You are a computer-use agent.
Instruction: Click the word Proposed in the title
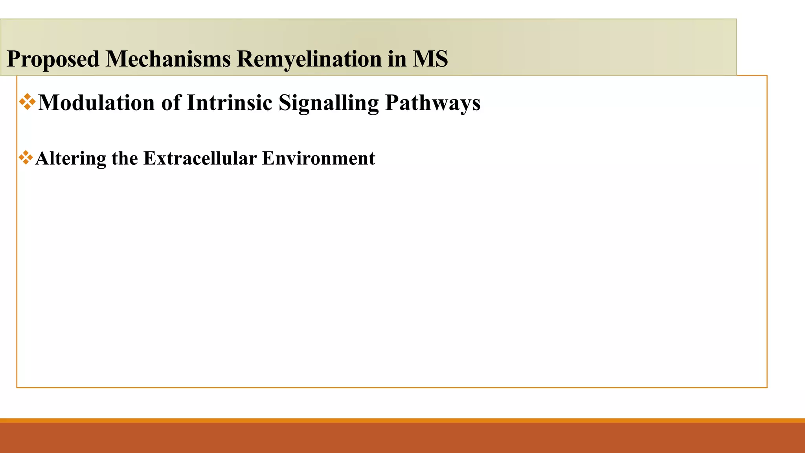pos(53,59)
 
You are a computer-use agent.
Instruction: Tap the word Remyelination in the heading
pos(309,59)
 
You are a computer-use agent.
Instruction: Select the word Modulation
pos(96,103)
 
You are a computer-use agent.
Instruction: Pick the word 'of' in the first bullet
pos(171,103)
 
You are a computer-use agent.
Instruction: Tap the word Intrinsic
pos(230,103)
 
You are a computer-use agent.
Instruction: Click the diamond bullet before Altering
pos(26,158)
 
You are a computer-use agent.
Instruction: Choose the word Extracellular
pos(200,158)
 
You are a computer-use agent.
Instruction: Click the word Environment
pos(318,158)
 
